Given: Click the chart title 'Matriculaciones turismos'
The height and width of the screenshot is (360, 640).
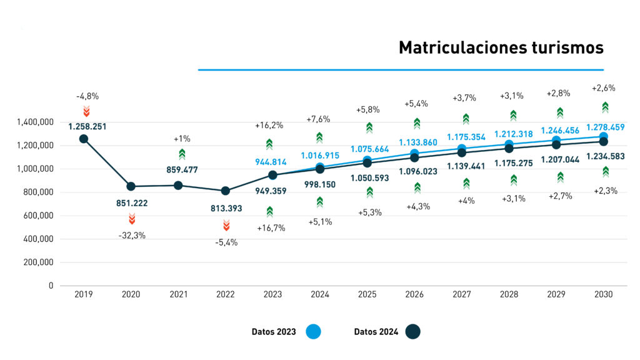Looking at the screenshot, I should pos(501,48).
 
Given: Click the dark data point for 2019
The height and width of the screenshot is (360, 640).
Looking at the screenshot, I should pos(84,139).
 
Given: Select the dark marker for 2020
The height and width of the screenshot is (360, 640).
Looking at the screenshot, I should pos(131,186).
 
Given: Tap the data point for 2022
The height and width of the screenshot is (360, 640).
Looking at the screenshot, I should pos(226,191).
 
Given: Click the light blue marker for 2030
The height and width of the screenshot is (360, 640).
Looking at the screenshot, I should pos(604,136).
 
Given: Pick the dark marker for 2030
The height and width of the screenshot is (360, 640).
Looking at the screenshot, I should pos(604,142).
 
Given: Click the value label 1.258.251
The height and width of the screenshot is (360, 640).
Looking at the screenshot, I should pos(88,126).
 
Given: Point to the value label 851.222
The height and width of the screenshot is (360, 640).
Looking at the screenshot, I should pos(132,203).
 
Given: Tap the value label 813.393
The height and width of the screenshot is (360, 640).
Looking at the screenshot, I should pos(226,207).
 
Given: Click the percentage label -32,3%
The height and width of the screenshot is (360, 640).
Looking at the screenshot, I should pos(132,236).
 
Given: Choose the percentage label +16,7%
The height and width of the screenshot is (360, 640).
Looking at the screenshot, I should pos(271,228).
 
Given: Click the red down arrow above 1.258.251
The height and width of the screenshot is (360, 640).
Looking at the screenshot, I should pos(87,111).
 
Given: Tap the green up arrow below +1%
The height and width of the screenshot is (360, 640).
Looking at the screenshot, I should pos(182,154).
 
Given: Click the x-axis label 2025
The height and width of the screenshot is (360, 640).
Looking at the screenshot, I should pos(368,294).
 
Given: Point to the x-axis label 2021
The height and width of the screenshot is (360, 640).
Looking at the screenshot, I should pos(178,294).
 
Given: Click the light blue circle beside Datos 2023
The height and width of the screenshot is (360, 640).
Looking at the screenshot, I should pos(313,332).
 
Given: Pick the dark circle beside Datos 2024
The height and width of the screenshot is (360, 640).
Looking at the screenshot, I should pos(412,332).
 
